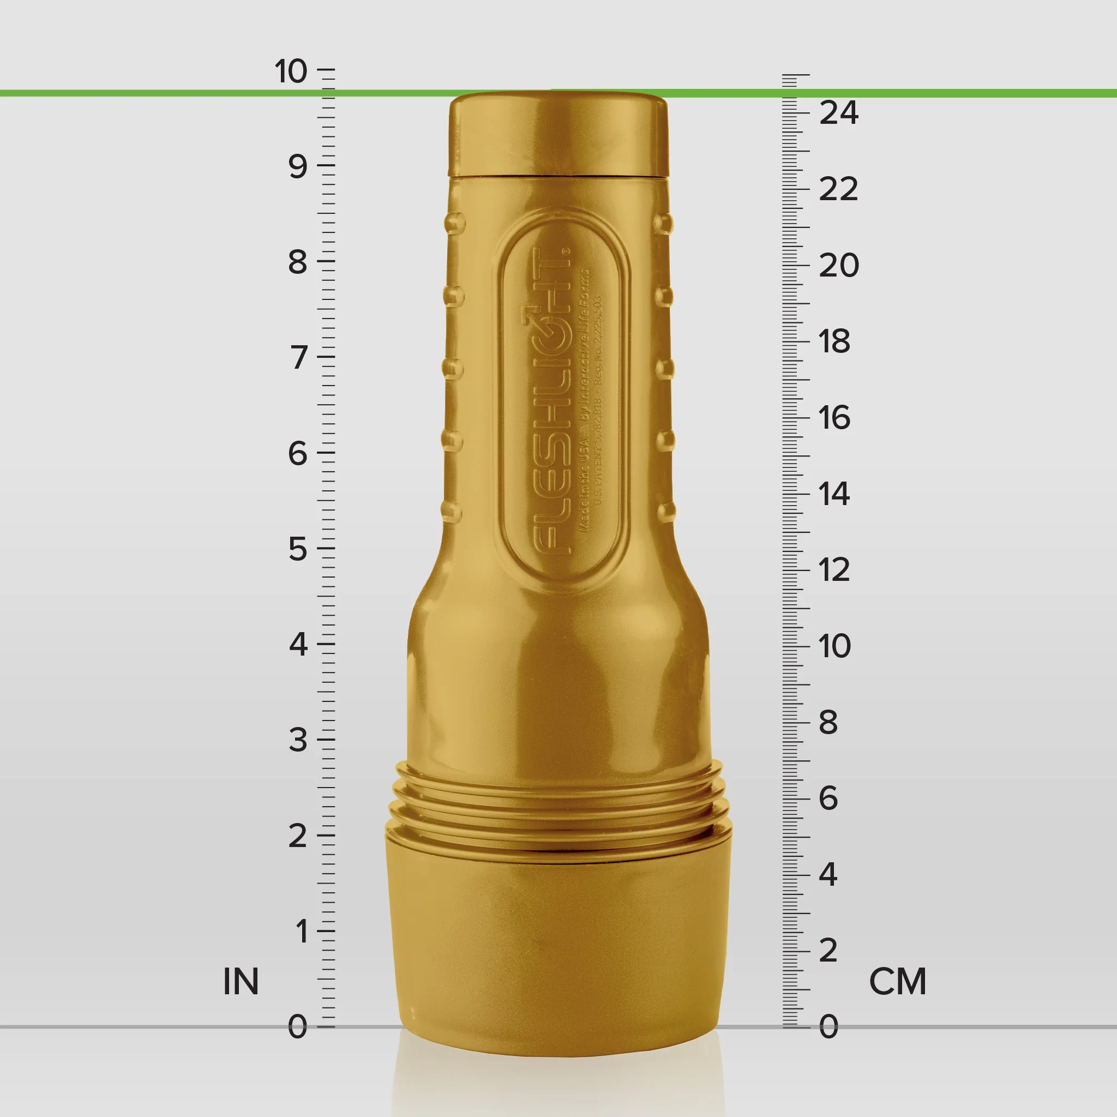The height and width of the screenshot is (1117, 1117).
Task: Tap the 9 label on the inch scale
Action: [298, 167]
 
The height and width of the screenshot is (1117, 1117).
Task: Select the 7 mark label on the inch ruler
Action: [298, 357]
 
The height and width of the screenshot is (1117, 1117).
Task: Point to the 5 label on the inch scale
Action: [298, 549]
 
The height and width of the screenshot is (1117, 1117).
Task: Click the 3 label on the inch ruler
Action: [298, 740]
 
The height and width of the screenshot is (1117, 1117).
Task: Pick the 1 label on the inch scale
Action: [301, 932]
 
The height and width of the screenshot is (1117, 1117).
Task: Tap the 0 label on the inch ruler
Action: [298, 1027]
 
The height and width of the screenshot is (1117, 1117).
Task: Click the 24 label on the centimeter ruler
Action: [838, 113]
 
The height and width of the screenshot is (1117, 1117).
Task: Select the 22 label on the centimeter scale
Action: [838, 190]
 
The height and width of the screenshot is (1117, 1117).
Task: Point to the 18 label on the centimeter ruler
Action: [834, 341]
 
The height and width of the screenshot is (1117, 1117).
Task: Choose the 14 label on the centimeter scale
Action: [834, 494]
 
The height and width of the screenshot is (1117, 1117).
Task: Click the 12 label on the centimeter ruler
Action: [834, 570]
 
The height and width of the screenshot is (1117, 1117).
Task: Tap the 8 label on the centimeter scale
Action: [828, 723]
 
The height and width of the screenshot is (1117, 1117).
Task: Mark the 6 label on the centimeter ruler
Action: [828, 798]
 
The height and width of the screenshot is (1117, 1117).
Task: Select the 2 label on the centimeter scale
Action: [828, 951]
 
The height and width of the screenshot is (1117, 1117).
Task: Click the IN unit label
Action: [241, 982]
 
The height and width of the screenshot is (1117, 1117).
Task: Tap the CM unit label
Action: [897, 982]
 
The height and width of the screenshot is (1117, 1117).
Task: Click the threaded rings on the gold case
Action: [558, 803]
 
